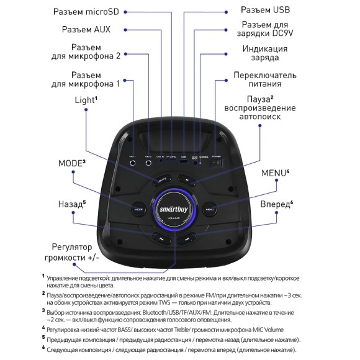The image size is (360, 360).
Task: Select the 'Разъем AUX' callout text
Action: [x=86, y=29]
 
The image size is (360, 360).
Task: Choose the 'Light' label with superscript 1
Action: [x=86, y=99]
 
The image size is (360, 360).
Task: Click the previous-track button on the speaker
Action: [x=161, y=238]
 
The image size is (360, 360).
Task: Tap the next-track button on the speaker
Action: [x=186, y=238]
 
